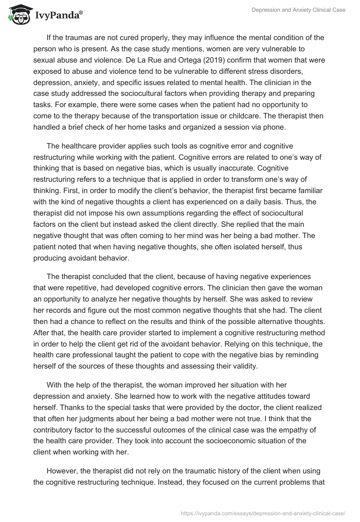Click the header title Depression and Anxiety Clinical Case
[x=297, y=10]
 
